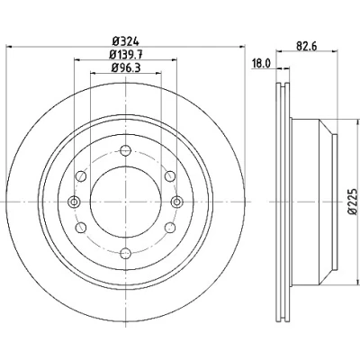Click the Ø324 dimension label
[x=126, y=40]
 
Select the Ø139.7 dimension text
[x=126, y=54]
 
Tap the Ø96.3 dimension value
[x=126, y=67]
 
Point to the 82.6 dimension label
[x=307, y=46]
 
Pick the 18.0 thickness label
[x=262, y=64]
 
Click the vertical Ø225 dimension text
[x=353, y=202]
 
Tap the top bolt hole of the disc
[x=125, y=150]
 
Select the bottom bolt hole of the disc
[x=125, y=254]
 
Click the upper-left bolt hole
[x=81, y=176]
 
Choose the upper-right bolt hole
[x=170, y=176]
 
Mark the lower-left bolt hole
[x=81, y=228]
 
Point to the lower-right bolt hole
[x=170, y=228]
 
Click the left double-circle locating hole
[x=74, y=202]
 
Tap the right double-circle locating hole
[x=177, y=202]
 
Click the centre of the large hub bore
[x=126, y=202]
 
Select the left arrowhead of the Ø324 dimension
[x=10, y=47]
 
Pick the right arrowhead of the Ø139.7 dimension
[x=174, y=60]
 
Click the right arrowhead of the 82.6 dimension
[x=335, y=51]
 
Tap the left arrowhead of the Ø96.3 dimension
[x=94, y=73]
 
